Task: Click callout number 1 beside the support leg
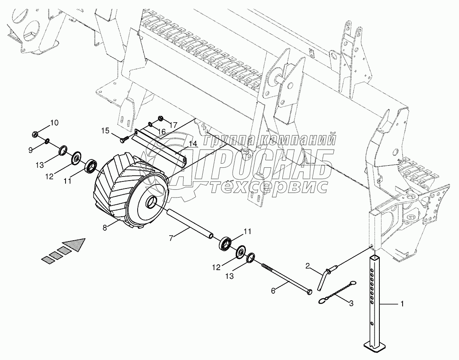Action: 402,304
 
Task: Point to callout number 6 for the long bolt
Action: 273,291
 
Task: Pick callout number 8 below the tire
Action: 104,227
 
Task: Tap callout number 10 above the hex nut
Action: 55,122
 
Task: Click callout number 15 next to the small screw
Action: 106,131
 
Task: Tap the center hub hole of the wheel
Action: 152,203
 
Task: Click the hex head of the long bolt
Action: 310,292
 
